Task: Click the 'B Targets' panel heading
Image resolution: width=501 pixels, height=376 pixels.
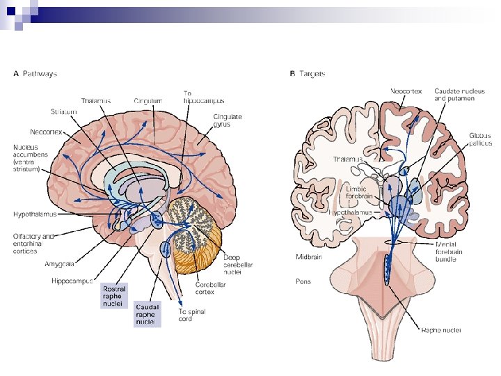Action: [x=307, y=72]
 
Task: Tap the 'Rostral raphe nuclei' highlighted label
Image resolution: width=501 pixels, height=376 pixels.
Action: [x=113, y=295]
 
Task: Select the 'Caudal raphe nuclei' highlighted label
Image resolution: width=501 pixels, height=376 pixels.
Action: [x=147, y=314]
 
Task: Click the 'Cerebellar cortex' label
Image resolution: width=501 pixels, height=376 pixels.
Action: [x=209, y=288]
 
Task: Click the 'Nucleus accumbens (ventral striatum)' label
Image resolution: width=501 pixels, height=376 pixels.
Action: [x=31, y=157]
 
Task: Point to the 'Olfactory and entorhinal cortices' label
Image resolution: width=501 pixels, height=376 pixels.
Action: [x=33, y=243]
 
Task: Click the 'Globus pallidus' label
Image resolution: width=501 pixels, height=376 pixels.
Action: [x=480, y=139]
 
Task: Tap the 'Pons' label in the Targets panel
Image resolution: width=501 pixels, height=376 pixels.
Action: [x=303, y=282]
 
